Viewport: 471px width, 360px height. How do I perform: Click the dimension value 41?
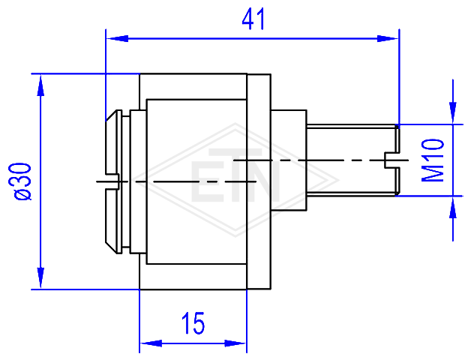click(253, 19)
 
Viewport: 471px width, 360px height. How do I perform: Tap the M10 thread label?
click(433, 160)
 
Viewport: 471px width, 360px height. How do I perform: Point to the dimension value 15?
click(193, 323)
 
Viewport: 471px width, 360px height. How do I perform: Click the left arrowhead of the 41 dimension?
click(118, 38)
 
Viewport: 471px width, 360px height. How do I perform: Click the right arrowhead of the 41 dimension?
click(388, 38)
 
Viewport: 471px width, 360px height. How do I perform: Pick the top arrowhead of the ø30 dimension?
click(40, 85)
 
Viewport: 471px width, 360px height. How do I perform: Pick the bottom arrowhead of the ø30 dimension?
click(40, 277)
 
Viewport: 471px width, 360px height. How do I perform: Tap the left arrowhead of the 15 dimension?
click(151, 343)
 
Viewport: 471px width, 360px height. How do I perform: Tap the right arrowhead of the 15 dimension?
click(235, 343)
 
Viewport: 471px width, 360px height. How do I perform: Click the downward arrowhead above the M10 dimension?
click(453, 112)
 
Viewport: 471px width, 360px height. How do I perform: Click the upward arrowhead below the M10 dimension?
click(453, 207)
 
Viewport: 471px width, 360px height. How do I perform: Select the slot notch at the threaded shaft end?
click(391, 160)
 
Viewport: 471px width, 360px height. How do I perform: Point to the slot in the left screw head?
click(112, 181)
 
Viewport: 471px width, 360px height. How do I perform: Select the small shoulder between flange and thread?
click(288, 160)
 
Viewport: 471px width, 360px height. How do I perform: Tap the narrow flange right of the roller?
click(259, 181)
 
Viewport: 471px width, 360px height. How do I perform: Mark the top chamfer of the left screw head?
click(111, 115)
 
